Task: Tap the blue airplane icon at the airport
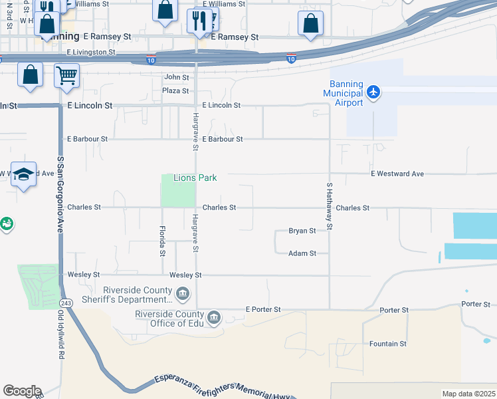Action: tap(373, 91)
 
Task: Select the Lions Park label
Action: tap(195, 178)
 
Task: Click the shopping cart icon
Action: tap(66, 75)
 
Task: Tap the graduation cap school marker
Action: tap(24, 175)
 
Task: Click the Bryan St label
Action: tap(302, 231)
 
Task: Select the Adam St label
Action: tap(302, 253)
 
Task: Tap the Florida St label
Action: tap(162, 241)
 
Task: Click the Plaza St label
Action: tap(175, 90)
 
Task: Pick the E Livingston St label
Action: tap(91, 52)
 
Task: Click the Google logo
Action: tap(22, 391)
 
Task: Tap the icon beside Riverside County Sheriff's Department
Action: tap(183, 293)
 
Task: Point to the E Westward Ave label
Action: tap(397, 174)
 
